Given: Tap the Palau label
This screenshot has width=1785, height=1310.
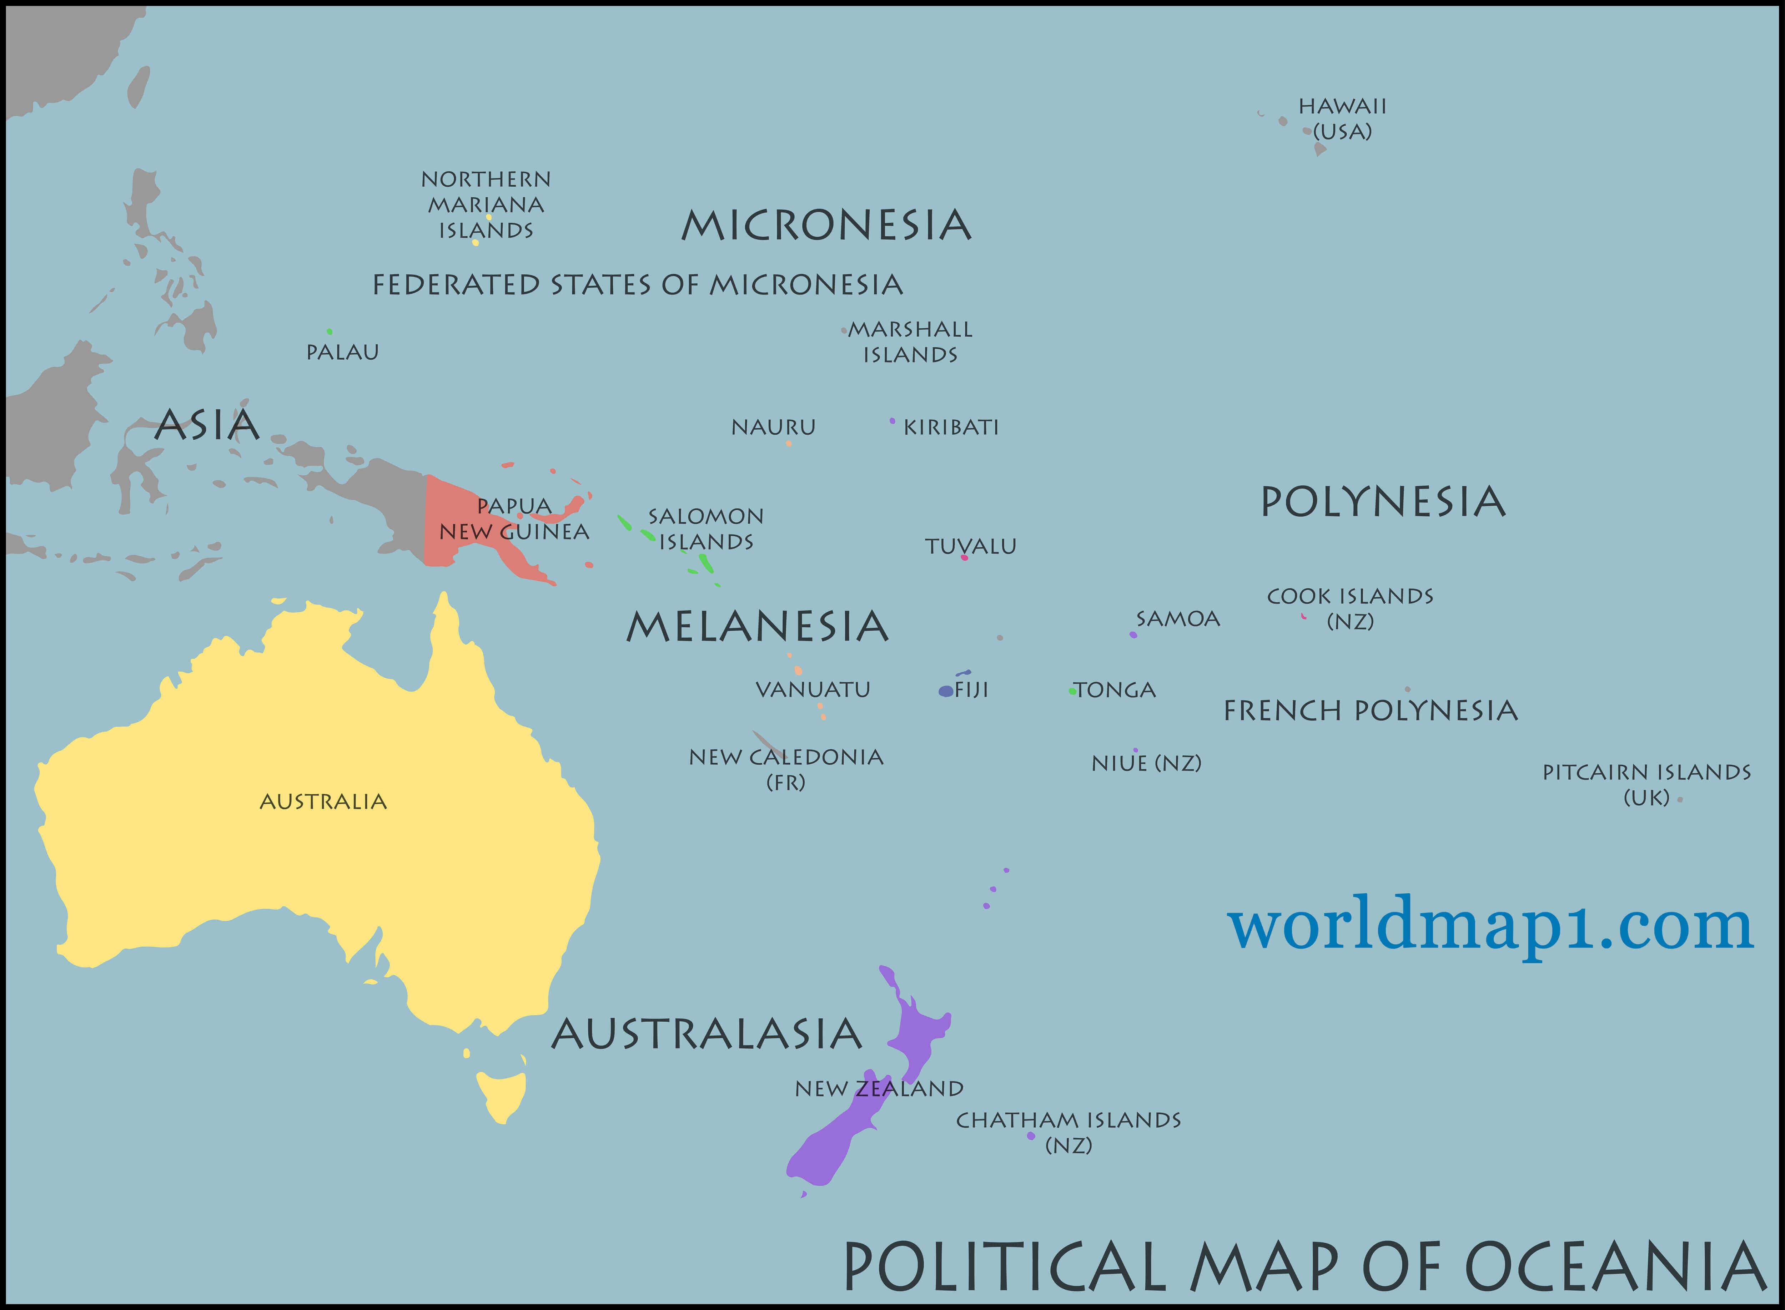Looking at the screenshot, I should pyautogui.click(x=343, y=352).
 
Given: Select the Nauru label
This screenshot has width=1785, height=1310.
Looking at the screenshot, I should pyautogui.click(x=774, y=428).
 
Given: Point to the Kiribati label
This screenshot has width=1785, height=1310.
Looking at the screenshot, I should pyautogui.click(x=951, y=428).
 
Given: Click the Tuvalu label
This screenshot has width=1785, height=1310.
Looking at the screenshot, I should pyautogui.click(x=970, y=546).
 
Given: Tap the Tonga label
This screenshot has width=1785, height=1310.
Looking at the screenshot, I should pyautogui.click(x=1115, y=690).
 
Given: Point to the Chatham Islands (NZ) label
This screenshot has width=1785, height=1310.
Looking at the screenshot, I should pyautogui.click(x=1069, y=1132).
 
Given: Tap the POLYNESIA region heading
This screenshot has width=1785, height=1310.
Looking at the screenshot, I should pyautogui.click(x=1383, y=502).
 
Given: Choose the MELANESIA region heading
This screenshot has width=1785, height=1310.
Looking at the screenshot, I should pyautogui.click(x=758, y=627).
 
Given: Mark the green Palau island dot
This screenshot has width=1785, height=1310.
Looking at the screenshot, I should pyautogui.click(x=329, y=332).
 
